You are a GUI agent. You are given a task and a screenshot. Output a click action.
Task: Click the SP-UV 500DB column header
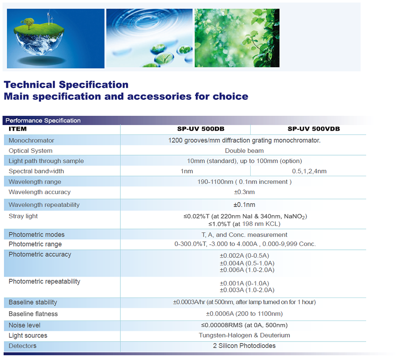(201, 129)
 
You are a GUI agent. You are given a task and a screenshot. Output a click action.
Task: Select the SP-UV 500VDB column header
(314, 129)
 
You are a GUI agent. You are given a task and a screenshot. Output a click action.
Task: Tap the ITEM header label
(18, 129)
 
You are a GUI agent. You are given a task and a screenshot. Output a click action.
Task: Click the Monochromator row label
(31, 141)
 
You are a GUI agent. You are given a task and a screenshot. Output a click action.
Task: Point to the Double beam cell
(244, 151)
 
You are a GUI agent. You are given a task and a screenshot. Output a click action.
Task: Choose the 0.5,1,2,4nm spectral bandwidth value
(309, 171)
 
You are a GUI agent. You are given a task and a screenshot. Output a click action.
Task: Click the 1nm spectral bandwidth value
(187, 171)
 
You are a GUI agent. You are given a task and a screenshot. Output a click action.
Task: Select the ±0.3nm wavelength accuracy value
(244, 192)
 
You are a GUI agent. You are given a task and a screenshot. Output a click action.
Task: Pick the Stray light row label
(23, 216)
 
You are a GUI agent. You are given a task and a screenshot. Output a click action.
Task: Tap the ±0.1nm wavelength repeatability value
(244, 205)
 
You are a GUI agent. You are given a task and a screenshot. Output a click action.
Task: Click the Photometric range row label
(35, 244)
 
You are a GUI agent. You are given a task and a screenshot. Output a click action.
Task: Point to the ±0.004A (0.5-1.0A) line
(247, 263)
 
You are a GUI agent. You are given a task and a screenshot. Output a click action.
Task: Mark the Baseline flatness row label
(33, 314)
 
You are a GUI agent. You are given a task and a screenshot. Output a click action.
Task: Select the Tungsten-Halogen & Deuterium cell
(244, 335)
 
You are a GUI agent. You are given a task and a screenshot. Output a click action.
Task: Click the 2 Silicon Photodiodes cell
(244, 346)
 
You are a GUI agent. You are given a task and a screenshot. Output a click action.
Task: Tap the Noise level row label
(24, 325)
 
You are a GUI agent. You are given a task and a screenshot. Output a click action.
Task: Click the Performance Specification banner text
(43, 120)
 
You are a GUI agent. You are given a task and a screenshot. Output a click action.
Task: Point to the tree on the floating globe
(27, 24)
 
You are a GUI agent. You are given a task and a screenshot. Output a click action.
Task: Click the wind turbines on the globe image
(50, 18)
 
